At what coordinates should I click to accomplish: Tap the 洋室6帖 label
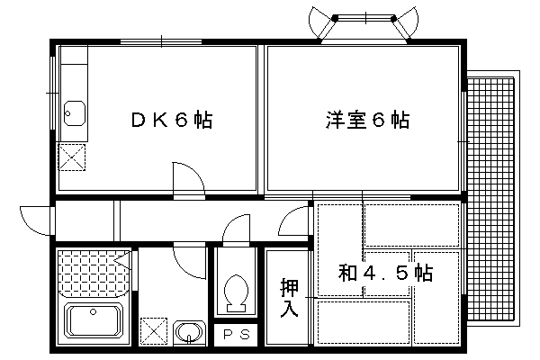(x=367, y=120)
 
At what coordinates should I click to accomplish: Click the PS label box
(x=238, y=335)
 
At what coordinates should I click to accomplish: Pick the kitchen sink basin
(x=74, y=114)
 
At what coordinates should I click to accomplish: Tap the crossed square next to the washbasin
(x=154, y=331)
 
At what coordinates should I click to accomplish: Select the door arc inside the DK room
(x=187, y=176)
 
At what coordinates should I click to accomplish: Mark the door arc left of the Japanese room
(x=293, y=220)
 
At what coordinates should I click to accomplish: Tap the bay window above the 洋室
(x=365, y=27)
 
